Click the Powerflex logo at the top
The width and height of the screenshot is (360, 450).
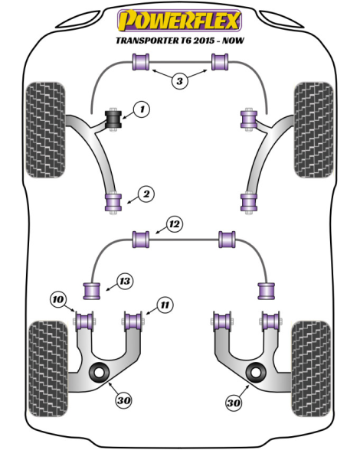(x=179, y=20)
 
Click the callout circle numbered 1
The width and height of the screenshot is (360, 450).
(x=142, y=109)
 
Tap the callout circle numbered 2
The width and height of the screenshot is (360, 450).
(x=146, y=194)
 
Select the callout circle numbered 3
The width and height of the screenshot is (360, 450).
(x=179, y=81)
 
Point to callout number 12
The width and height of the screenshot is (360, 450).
(x=175, y=223)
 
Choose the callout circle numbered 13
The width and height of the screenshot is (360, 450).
(x=125, y=282)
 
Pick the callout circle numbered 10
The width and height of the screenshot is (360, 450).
(x=57, y=300)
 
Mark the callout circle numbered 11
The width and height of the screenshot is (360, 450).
(x=165, y=305)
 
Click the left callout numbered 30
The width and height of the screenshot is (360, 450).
(x=124, y=400)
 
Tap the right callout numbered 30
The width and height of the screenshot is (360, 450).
(x=234, y=403)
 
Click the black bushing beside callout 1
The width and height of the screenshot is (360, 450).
(x=114, y=119)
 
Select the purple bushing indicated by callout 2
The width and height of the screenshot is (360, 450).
(x=114, y=202)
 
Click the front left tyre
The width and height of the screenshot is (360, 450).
(x=45, y=130)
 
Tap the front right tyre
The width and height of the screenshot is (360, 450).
(x=314, y=130)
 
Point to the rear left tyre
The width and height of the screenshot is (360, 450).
(x=48, y=369)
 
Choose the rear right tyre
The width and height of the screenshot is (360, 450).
(x=310, y=369)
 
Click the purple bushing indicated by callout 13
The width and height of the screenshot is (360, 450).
(x=92, y=291)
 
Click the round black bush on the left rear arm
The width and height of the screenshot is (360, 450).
(x=100, y=372)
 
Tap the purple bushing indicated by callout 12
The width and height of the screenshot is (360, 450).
(x=141, y=240)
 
